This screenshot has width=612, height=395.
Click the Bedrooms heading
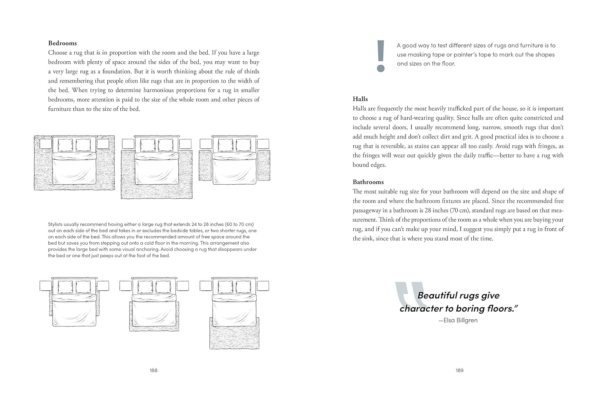[62, 43]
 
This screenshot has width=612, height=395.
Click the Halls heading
[360, 99]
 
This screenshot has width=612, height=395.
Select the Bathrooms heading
[368, 182]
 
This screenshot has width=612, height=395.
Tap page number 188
[153, 370]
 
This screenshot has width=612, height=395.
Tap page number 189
[459, 370]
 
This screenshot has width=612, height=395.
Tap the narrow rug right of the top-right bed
[264, 165]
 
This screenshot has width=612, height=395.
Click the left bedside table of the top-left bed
[46, 144]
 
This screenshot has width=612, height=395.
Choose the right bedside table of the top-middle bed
[185, 144]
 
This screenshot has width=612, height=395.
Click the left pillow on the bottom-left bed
[65, 287]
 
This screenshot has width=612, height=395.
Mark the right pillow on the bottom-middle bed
[163, 287]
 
